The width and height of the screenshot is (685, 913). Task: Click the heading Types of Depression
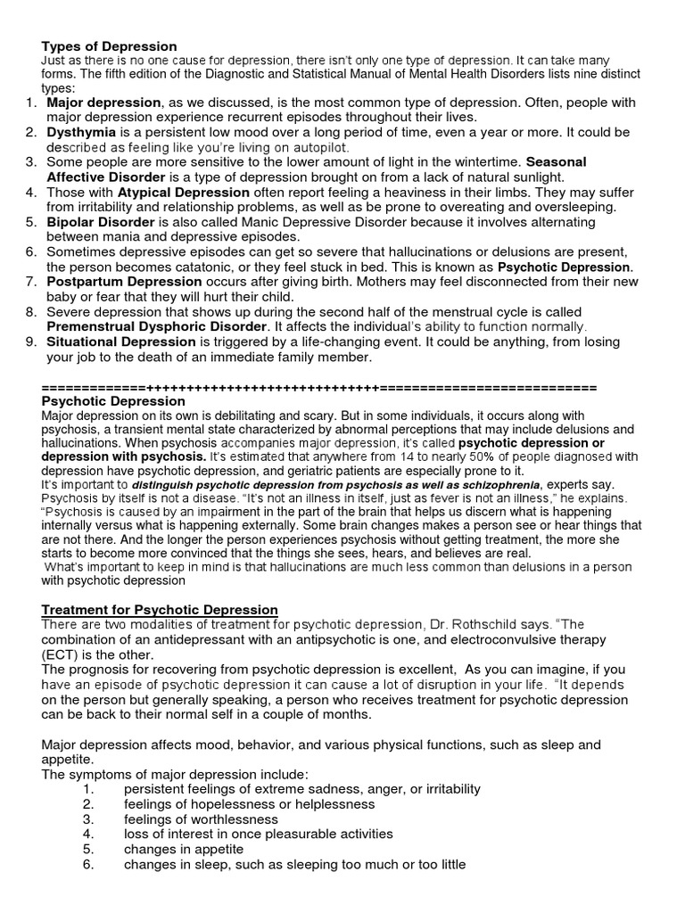pos(109,46)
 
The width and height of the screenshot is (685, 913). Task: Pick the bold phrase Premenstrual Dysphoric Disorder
pos(157,326)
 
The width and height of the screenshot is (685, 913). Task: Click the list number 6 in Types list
pos(30,251)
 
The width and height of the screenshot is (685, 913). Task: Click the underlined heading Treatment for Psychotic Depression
pos(161,609)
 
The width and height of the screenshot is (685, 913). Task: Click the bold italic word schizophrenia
pos(496,484)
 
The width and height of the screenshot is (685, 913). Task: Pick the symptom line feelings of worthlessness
pos(200,818)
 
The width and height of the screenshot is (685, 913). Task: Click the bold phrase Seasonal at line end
pos(556,162)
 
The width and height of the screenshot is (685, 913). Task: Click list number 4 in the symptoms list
pos(87,834)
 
